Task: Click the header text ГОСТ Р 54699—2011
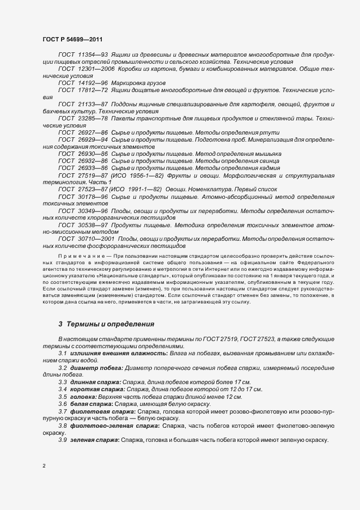click(72, 39)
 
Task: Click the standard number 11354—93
click(93, 56)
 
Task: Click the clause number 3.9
click(63, 439)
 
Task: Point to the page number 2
click(44, 466)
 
